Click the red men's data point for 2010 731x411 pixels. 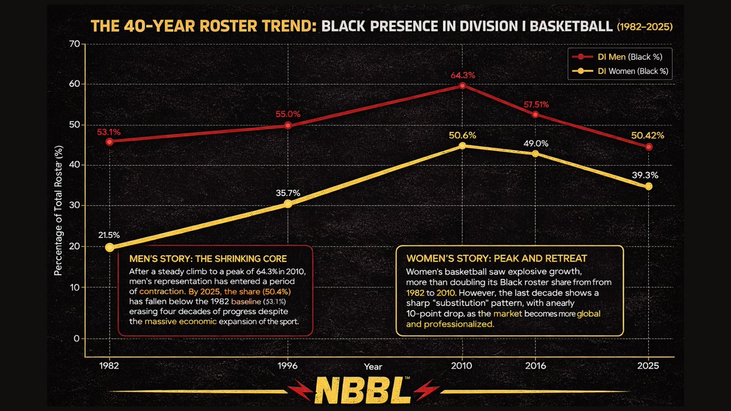click(x=462, y=86)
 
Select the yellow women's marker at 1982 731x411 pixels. click(x=109, y=247)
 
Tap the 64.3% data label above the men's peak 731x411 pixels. click(x=463, y=75)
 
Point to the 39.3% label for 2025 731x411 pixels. click(x=649, y=174)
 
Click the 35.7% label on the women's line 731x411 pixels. click(x=288, y=193)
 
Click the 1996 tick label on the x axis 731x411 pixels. click(x=288, y=367)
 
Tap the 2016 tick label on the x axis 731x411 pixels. click(x=535, y=367)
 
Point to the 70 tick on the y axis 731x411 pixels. click(x=75, y=44)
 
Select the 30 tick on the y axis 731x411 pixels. click(x=75, y=206)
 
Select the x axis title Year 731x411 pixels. click(x=373, y=367)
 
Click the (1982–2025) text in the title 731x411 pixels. click(x=648, y=27)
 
